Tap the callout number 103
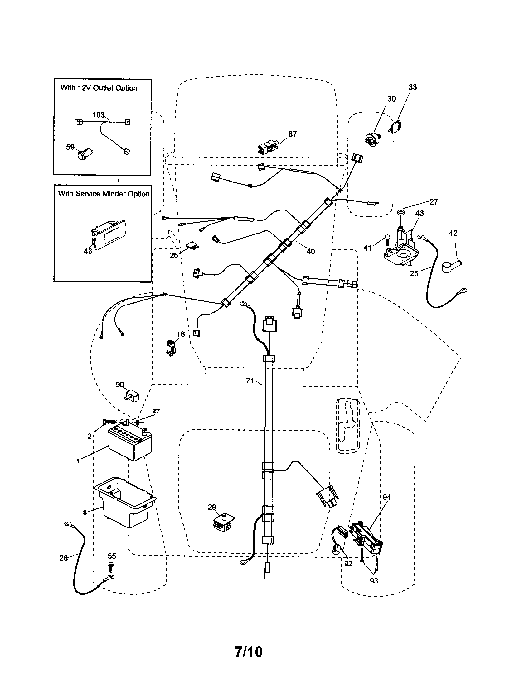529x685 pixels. coord(98,115)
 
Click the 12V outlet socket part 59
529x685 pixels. coord(84,155)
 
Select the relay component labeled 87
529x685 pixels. coord(267,147)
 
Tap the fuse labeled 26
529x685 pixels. coord(192,245)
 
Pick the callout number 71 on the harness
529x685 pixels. coord(250,381)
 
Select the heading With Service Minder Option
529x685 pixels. coord(104,194)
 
